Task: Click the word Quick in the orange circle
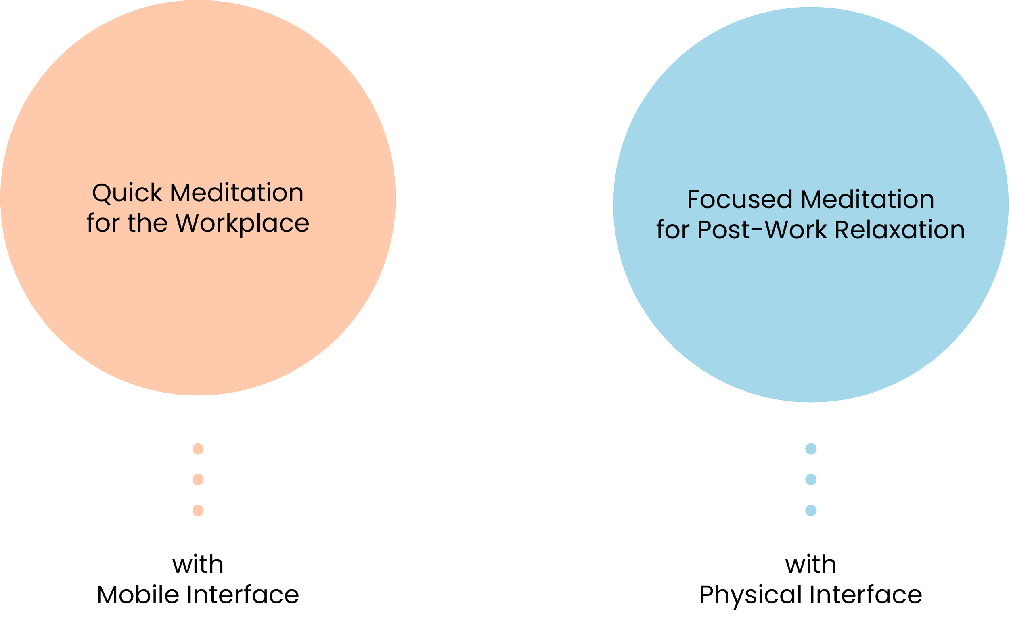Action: click(x=127, y=193)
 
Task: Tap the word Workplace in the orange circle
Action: click(x=242, y=223)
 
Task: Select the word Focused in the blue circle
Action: click(x=739, y=200)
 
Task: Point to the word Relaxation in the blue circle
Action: click(x=899, y=230)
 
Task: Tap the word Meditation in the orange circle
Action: click(x=237, y=193)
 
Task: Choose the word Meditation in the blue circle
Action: click(x=867, y=200)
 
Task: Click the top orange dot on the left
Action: click(x=198, y=449)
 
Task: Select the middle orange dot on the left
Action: click(x=198, y=480)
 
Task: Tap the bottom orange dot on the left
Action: click(x=198, y=510)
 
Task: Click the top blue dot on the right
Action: click(x=811, y=449)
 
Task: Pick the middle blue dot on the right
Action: click(x=811, y=480)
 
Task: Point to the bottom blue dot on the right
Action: click(x=811, y=510)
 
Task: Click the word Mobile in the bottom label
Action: click(x=138, y=595)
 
